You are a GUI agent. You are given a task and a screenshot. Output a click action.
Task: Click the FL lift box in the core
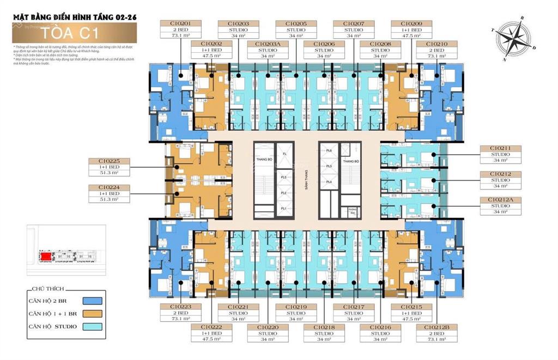tap(284, 154)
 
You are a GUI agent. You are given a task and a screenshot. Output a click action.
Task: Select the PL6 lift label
tap(329, 150)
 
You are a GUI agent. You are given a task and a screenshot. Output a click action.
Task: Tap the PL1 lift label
tap(284, 209)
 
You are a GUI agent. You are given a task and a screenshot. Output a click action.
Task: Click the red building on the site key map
tap(46, 256)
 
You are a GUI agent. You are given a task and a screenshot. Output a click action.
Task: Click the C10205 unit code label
tap(295, 24)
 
